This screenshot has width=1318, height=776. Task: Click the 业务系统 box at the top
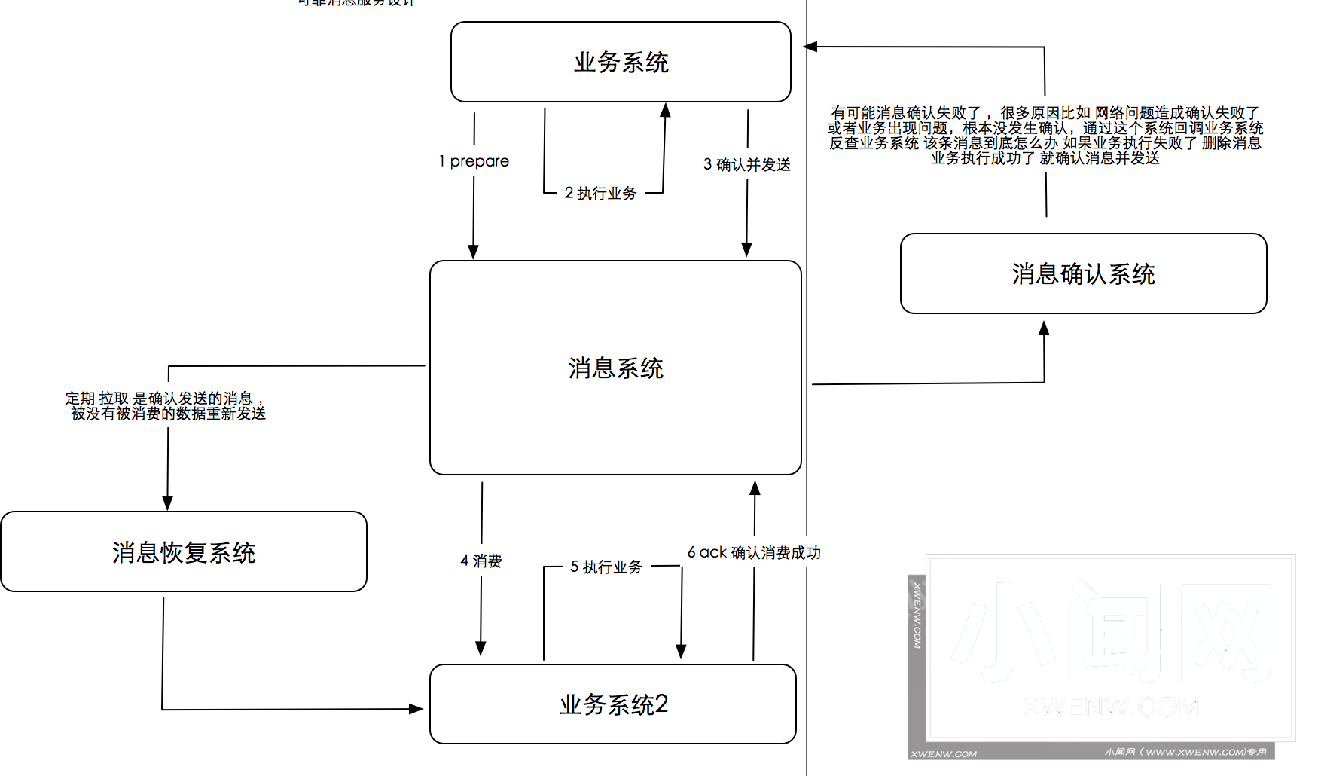pyautogui.click(x=621, y=62)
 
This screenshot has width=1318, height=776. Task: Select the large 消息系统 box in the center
pyautogui.click(x=615, y=368)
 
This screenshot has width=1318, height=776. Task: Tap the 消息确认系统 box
pyautogui.click(x=1083, y=273)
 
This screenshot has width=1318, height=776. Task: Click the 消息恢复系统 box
pyautogui.click(x=184, y=552)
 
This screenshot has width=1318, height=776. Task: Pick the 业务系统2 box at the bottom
pyautogui.click(x=613, y=704)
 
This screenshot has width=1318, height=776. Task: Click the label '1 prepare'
pyautogui.click(x=474, y=161)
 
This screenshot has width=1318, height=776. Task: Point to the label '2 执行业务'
pyautogui.click(x=601, y=193)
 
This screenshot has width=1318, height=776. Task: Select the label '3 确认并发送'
pyautogui.click(x=747, y=164)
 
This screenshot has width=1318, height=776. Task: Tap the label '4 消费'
pyautogui.click(x=481, y=561)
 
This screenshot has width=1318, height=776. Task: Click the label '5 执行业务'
pyautogui.click(x=606, y=567)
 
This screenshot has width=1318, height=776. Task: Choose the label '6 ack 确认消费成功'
pyautogui.click(x=754, y=552)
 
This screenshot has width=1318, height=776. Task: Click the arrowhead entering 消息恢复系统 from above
pyautogui.click(x=167, y=503)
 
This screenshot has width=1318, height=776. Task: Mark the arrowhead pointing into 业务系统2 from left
pyautogui.click(x=416, y=709)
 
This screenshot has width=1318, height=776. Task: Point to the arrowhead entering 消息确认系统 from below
pyautogui.click(x=1044, y=328)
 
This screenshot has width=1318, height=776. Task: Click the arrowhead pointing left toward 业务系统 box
pyautogui.click(x=811, y=47)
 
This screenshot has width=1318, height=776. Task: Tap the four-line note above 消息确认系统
pyautogui.click(x=1045, y=135)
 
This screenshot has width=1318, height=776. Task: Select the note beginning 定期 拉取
pyautogui.click(x=166, y=405)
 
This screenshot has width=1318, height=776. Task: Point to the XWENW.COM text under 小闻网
pyautogui.click(x=1111, y=707)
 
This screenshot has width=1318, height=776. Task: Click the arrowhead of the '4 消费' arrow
pyautogui.click(x=481, y=648)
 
